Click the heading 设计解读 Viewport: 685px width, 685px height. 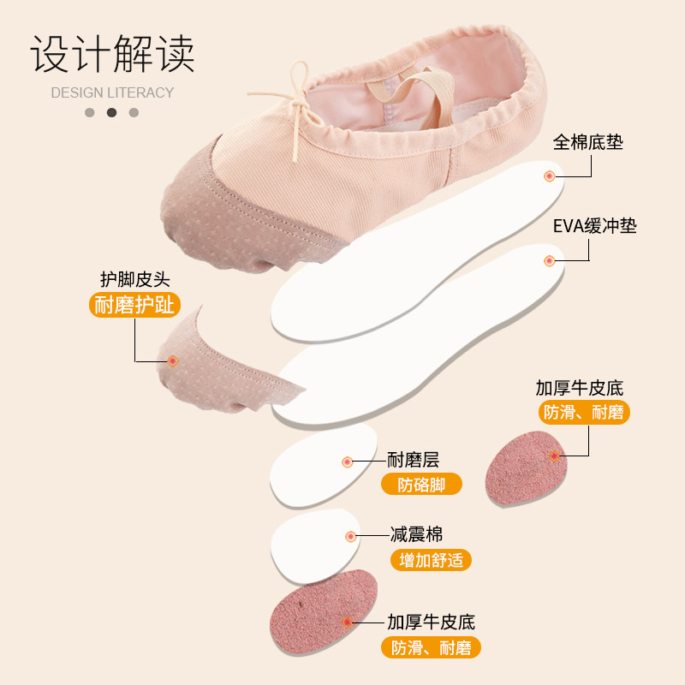pyautogui.click(x=113, y=54)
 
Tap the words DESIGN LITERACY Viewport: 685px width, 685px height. pyautogui.click(x=112, y=92)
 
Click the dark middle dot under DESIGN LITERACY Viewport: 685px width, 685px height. pyautogui.click(x=111, y=112)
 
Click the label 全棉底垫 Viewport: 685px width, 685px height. pyautogui.click(x=587, y=141)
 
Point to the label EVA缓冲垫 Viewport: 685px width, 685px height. pyautogui.click(x=594, y=226)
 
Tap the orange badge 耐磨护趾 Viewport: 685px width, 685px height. pyautogui.click(x=134, y=305)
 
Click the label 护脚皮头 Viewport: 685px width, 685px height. pyautogui.click(x=134, y=278)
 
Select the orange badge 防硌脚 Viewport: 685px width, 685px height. pyautogui.click(x=421, y=484)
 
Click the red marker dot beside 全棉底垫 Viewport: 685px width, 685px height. pyautogui.click(x=550, y=176)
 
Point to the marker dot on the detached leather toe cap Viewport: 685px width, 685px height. pyautogui.click(x=172, y=361)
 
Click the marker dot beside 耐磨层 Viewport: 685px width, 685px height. pyautogui.click(x=347, y=462)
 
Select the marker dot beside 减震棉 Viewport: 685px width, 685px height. pyautogui.click(x=350, y=536)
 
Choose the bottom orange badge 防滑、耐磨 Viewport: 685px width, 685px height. pyautogui.click(x=431, y=647)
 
